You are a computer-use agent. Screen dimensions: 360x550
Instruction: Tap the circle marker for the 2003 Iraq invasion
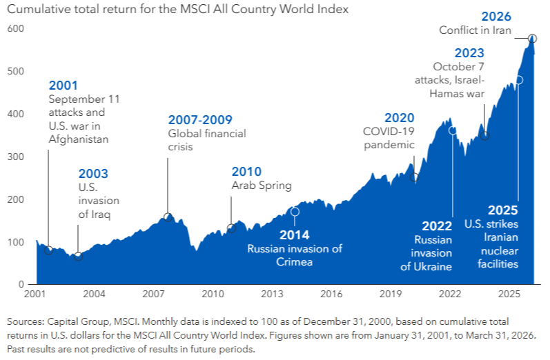(x=78, y=257)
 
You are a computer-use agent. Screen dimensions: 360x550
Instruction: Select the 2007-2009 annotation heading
(x=200, y=120)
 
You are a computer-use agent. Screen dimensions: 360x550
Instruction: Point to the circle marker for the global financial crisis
(x=168, y=218)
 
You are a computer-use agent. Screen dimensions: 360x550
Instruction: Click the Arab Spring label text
(x=262, y=186)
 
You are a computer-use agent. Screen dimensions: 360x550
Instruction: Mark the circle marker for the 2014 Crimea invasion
(x=295, y=212)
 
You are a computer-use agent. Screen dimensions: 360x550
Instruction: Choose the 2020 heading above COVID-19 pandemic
(x=399, y=117)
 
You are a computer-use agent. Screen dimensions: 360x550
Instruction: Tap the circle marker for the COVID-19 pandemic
(x=414, y=177)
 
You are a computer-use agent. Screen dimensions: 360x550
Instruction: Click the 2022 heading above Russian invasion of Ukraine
(x=437, y=226)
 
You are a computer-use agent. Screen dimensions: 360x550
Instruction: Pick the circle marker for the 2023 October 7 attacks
(x=484, y=136)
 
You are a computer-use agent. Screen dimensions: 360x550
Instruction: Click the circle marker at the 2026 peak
(x=532, y=39)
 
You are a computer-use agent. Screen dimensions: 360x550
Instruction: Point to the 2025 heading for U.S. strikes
(x=503, y=210)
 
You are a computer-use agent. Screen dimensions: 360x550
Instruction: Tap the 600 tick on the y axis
(x=16, y=28)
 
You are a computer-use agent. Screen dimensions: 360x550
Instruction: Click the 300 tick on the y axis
(x=16, y=157)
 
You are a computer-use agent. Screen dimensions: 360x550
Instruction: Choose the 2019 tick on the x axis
(x=391, y=294)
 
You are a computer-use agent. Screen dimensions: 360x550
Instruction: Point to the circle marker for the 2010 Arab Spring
(x=232, y=228)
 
